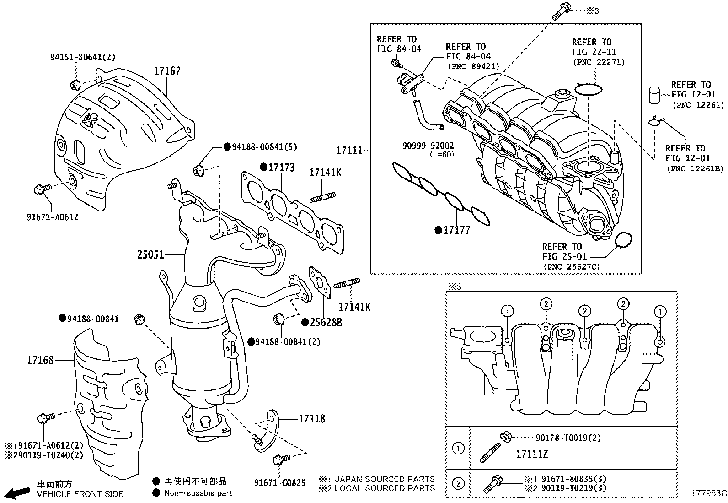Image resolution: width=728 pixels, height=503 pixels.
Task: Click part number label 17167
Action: [167, 71]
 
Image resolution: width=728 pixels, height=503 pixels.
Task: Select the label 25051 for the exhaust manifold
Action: [150, 254]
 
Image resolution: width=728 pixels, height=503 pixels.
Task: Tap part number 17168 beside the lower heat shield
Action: [40, 360]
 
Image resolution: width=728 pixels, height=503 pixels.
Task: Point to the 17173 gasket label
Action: [281, 168]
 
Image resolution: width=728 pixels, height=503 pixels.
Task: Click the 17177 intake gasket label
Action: [456, 230]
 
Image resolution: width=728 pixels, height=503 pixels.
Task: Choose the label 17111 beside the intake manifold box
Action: [349, 150]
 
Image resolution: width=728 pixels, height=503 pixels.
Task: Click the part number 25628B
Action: [326, 323]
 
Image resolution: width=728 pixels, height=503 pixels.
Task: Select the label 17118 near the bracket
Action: [312, 418]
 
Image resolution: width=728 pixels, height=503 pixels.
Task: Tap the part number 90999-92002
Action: [428, 146]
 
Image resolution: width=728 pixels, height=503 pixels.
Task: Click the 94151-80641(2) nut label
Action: [82, 57]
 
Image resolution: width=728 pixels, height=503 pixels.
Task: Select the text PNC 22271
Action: [598, 62]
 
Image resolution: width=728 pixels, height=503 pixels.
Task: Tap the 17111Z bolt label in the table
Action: [531, 454]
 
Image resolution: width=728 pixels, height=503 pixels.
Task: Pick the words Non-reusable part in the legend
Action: [198, 493]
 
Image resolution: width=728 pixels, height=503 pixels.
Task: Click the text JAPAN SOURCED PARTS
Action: [385, 479]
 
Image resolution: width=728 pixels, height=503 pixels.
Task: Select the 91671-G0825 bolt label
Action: [280, 483]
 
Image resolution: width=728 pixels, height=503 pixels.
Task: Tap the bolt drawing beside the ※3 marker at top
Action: [561, 11]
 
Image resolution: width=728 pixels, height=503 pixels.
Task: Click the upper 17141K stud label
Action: [325, 173]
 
